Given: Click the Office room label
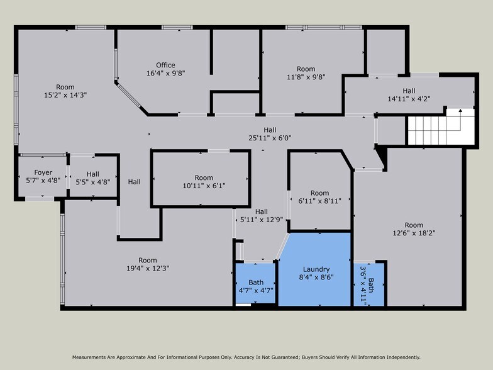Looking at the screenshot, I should click(x=165, y=65).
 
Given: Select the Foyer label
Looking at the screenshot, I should click(x=43, y=172).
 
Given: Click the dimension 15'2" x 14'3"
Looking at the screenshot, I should click(x=65, y=95).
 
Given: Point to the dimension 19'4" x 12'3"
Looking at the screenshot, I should click(x=148, y=268).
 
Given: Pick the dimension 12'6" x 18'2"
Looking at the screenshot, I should click(x=414, y=233).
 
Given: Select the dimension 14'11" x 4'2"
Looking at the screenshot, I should click(x=409, y=98).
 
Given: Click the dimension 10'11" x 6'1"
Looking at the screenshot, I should click(x=204, y=186).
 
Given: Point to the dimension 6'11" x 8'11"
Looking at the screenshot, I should click(x=319, y=201).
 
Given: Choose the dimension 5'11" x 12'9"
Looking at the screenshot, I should click(x=262, y=220).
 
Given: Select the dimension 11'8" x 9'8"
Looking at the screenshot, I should click(x=306, y=77).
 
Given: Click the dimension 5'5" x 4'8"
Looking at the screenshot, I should click(x=92, y=182).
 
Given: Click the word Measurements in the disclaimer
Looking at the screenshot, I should click(x=93, y=357).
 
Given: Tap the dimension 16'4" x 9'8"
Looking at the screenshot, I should click(x=165, y=73).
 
